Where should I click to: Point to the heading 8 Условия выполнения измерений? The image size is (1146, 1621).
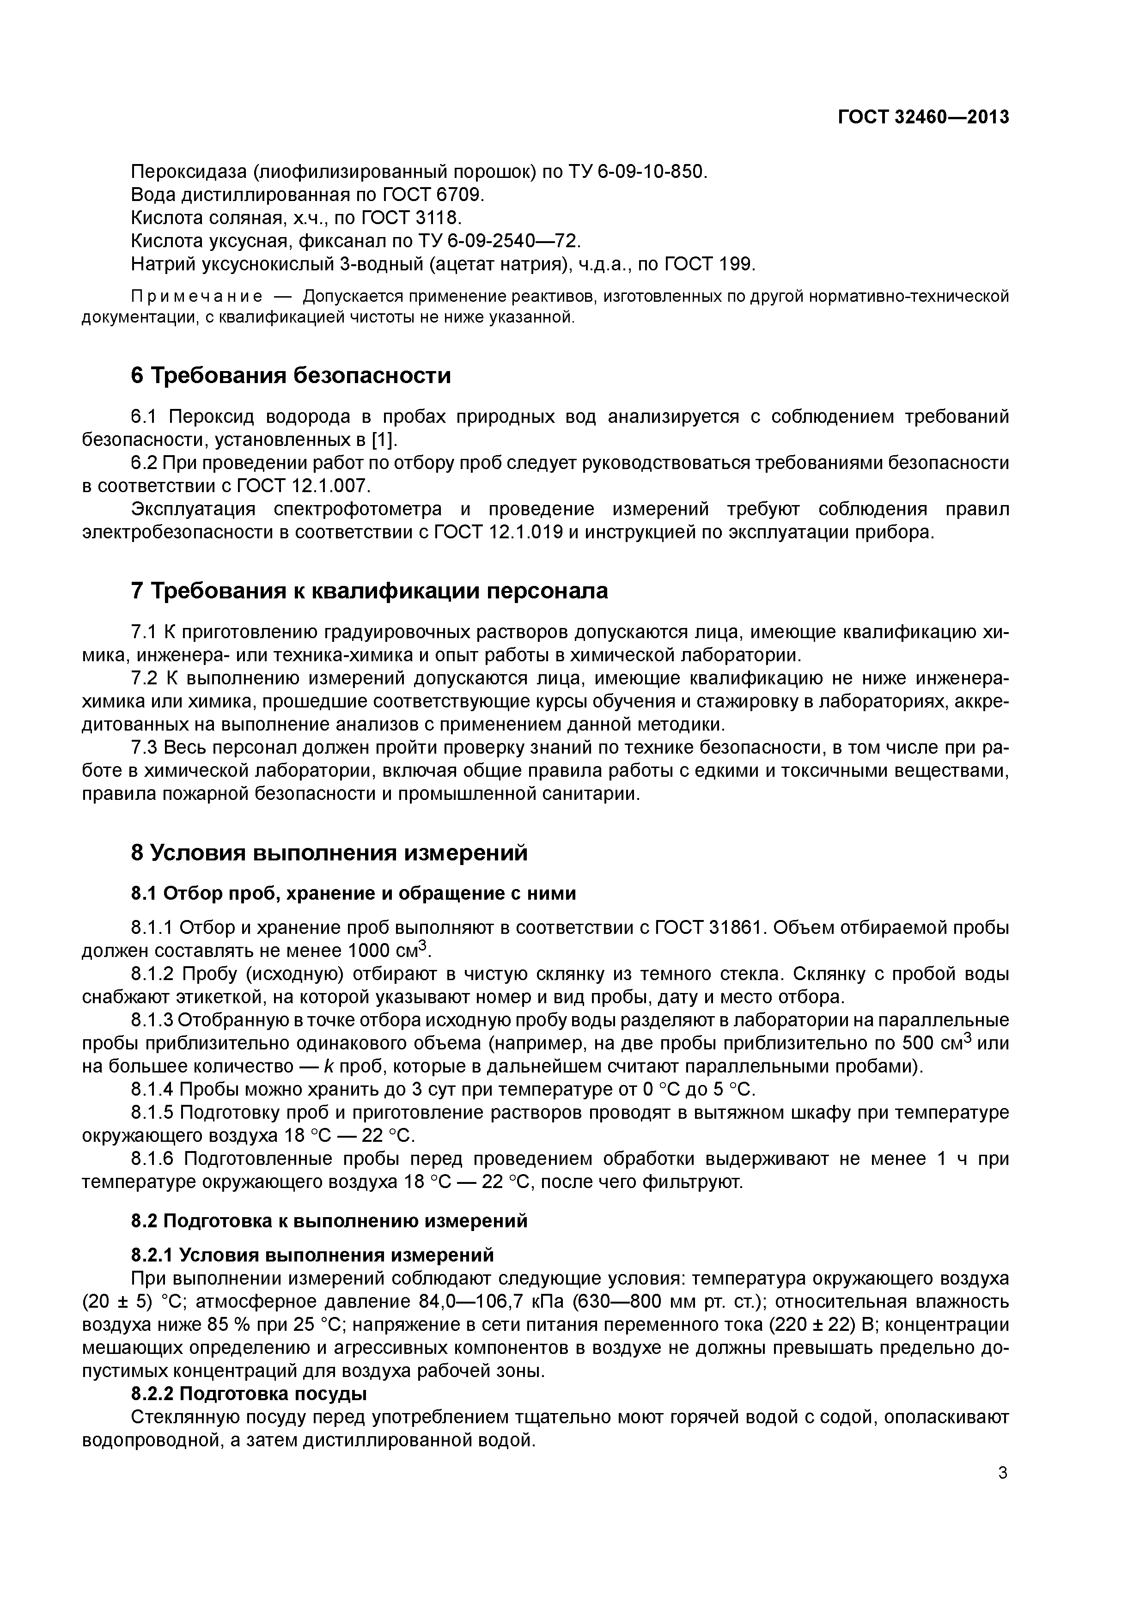click(x=329, y=853)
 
